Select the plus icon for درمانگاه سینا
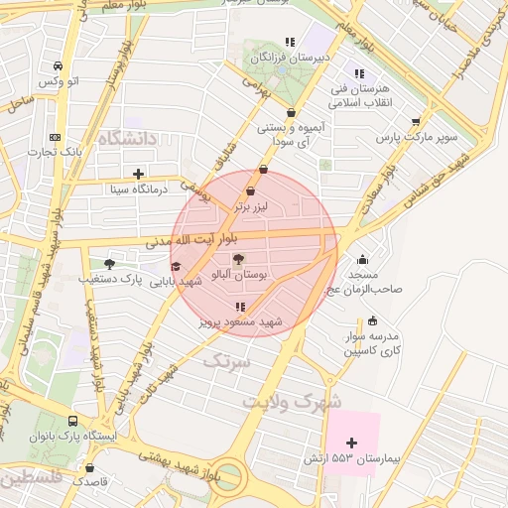point(138,174)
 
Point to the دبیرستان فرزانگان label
point(288,60)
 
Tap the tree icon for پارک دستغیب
point(109,264)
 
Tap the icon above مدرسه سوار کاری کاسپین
point(372,320)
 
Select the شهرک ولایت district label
point(291,402)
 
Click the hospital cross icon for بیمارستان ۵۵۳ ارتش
point(351,442)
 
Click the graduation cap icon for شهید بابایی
point(176,266)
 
